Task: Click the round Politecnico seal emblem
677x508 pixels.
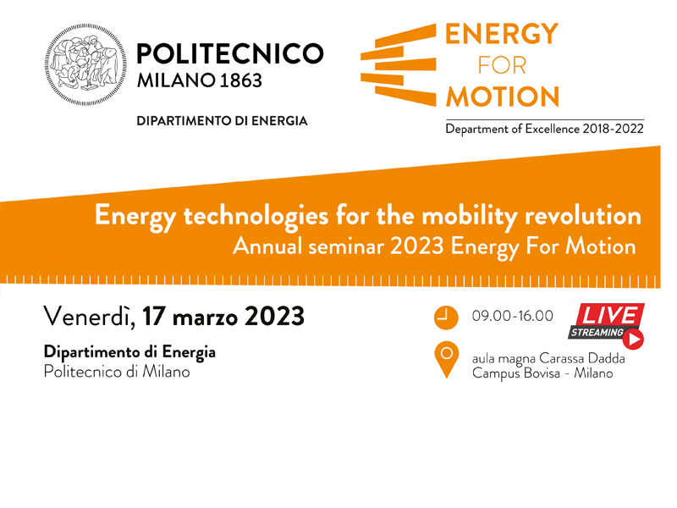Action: [x=85, y=65]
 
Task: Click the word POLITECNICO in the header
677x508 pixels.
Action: [x=230, y=53]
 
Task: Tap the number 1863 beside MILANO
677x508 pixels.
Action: [x=241, y=80]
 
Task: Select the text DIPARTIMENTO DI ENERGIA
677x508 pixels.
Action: [x=222, y=120]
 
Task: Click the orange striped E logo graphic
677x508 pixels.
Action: [x=398, y=65]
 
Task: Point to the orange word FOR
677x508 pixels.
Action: [x=502, y=66]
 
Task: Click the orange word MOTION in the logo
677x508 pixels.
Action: [x=503, y=97]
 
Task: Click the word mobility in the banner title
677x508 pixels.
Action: [x=470, y=216]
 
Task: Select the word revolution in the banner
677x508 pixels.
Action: [x=583, y=215]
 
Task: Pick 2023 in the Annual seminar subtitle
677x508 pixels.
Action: [x=417, y=246]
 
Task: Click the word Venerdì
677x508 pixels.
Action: [x=90, y=317]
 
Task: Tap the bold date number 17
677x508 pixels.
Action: [x=154, y=317]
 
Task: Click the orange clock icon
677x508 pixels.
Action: [x=446, y=318]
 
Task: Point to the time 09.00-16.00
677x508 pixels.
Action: [x=513, y=316]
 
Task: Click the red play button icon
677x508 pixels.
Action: [x=633, y=340]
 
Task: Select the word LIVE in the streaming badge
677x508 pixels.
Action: [x=609, y=315]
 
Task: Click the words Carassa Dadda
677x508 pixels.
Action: [x=582, y=358]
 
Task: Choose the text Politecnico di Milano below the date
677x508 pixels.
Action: [x=117, y=372]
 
